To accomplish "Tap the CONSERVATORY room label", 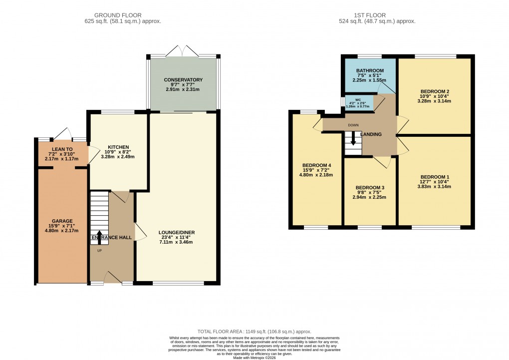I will tap(183, 80).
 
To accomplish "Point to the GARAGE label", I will tap(62, 221).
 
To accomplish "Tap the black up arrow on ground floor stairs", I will tap(99, 237).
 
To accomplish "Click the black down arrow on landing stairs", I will tap(353, 139).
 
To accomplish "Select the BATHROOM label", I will tap(370, 70).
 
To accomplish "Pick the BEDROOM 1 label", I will tap(435, 177).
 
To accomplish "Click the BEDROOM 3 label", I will tap(370, 188).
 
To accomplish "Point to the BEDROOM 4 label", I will tap(316, 165).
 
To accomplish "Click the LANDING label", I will tap(371, 134).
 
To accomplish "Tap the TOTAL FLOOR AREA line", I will tap(254, 331).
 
